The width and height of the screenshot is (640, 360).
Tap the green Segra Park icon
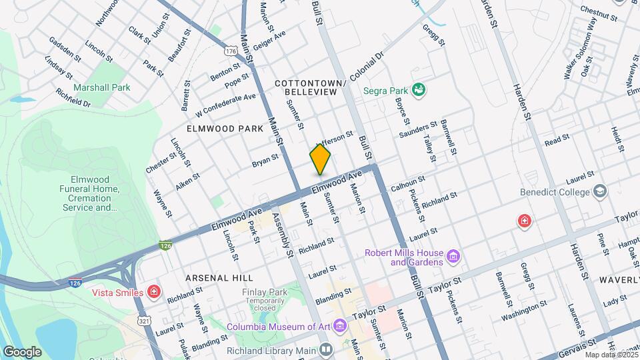pos(419,89)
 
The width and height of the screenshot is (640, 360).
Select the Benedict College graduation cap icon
pos(600,192)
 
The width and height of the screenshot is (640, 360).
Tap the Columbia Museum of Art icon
pos(340,326)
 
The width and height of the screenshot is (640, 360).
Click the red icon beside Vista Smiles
pos(154,292)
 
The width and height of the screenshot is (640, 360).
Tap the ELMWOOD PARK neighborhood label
pos(220,127)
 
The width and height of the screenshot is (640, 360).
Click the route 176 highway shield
pos(231,51)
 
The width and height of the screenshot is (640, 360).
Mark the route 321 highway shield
pos(143,321)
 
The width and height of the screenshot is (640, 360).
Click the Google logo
pos(22,351)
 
